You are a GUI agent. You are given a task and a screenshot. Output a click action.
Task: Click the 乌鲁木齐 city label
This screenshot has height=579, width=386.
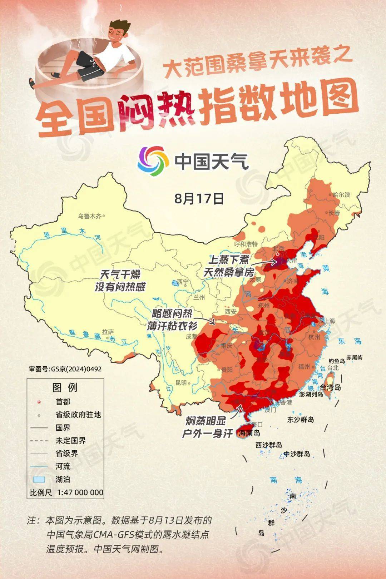coord(90,216)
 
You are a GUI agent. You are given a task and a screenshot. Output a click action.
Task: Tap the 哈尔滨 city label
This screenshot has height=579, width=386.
coord(341,195)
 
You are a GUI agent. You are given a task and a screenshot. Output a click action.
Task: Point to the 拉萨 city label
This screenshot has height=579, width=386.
coord(108,332)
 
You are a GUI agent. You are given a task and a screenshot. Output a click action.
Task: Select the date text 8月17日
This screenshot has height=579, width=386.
coord(199,198)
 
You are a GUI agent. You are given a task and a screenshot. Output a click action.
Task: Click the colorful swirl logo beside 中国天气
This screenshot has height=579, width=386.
coord(153,161)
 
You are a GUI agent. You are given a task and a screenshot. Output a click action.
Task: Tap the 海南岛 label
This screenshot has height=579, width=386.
coord(249,433)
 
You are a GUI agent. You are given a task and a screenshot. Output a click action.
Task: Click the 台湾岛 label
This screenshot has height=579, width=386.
coord(330,387)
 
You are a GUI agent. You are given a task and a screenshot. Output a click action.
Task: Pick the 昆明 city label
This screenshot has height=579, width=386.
coord(181,382)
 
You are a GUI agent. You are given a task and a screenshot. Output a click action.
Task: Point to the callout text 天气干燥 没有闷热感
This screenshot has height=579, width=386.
coord(120,280)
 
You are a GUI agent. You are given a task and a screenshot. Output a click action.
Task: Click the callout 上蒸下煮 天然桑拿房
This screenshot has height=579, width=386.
coord(229,266)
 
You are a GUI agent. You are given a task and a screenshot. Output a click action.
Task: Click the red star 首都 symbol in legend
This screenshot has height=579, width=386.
coord(39,402)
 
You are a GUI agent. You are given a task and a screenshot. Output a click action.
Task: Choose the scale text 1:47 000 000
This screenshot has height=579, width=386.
coord(80,492)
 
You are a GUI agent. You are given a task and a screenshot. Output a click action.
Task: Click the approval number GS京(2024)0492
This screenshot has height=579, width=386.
coord(65,369)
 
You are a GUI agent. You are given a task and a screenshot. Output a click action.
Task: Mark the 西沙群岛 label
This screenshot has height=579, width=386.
coord(268,445)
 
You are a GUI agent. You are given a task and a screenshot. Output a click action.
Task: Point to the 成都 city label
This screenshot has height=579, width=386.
coord(191,336)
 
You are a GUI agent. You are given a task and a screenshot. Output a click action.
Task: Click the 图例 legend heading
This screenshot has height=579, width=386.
coord(65,387)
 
